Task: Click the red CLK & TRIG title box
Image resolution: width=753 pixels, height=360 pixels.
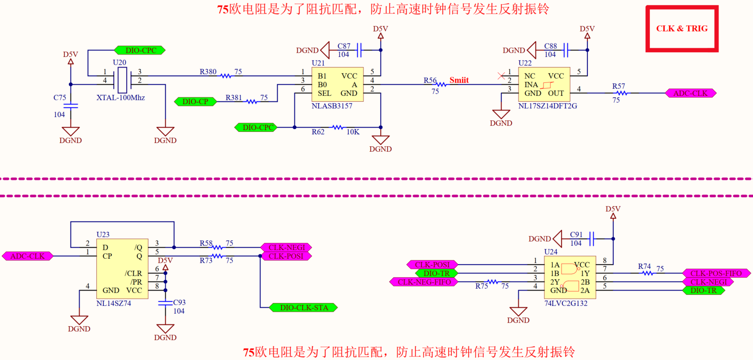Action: [682, 29]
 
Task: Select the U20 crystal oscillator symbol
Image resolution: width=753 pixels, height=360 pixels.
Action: [122, 80]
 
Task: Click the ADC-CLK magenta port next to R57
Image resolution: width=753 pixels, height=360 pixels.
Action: [690, 93]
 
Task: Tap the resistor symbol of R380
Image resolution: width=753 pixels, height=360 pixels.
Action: [226, 75]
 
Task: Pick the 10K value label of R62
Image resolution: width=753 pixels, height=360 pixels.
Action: [353, 132]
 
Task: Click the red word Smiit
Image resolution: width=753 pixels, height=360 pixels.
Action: [459, 80]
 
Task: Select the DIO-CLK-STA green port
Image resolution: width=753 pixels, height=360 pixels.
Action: [304, 308]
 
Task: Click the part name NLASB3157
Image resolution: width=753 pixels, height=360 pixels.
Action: [332, 106]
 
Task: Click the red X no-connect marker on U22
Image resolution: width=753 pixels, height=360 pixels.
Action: [501, 75]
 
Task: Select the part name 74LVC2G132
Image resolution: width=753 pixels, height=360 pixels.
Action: [565, 304]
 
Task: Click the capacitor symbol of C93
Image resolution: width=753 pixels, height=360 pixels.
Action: [165, 303]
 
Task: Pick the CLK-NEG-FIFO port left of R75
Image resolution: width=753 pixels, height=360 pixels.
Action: [424, 282]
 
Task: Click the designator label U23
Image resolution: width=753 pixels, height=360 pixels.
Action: [103, 235]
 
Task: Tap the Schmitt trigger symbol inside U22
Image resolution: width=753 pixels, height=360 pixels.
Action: [548, 85]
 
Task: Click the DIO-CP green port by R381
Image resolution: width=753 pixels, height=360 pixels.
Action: [195, 101]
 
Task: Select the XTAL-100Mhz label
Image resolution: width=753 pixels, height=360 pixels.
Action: [121, 98]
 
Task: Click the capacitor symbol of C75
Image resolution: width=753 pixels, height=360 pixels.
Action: [70, 106]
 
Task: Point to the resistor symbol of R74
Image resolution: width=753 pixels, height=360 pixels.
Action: [648, 273]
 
